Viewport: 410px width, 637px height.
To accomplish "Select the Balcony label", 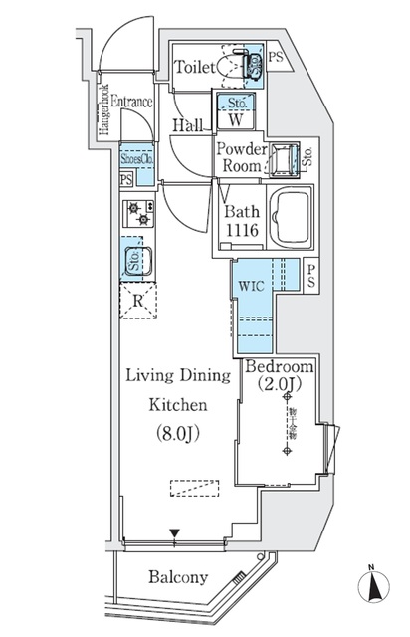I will click(178, 577).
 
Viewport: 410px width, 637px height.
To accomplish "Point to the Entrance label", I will click(131, 100).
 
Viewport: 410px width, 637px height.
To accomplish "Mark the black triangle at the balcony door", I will click(175, 534).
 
